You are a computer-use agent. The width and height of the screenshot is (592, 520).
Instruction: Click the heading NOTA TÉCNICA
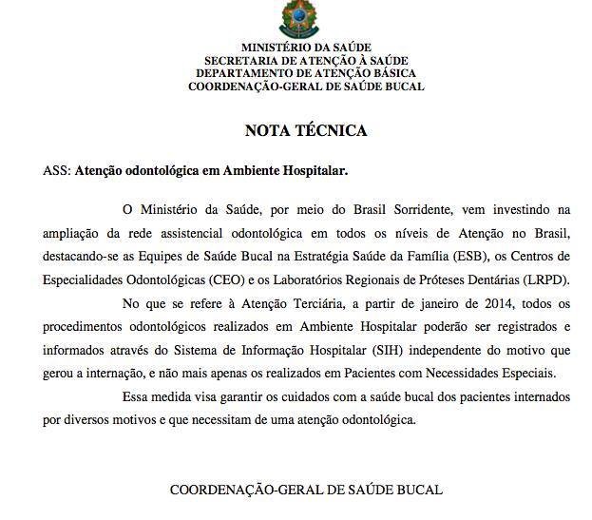point(305,130)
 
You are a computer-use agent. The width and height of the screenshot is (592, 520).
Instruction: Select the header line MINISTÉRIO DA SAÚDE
point(306,47)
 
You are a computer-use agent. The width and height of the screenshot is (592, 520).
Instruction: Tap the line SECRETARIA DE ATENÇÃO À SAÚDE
point(306,60)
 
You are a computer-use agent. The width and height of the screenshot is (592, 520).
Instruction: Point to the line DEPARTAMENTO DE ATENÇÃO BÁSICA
point(306,73)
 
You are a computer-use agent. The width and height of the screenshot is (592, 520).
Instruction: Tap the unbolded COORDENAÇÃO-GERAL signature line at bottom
point(306,491)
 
